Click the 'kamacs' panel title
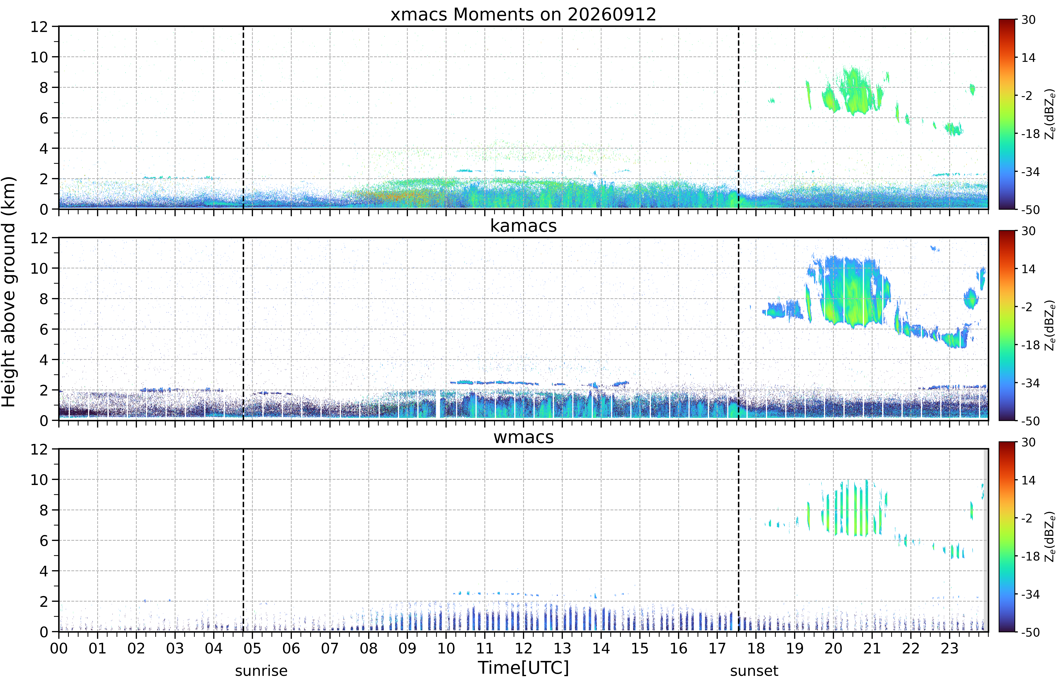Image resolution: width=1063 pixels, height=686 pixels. (523, 226)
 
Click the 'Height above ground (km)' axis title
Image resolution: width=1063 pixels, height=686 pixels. (9, 292)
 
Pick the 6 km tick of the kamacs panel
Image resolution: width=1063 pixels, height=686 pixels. (43, 329)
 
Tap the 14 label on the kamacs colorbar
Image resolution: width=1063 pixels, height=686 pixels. (1028, 269)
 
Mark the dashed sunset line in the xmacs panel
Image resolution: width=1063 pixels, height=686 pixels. (738, 118)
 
